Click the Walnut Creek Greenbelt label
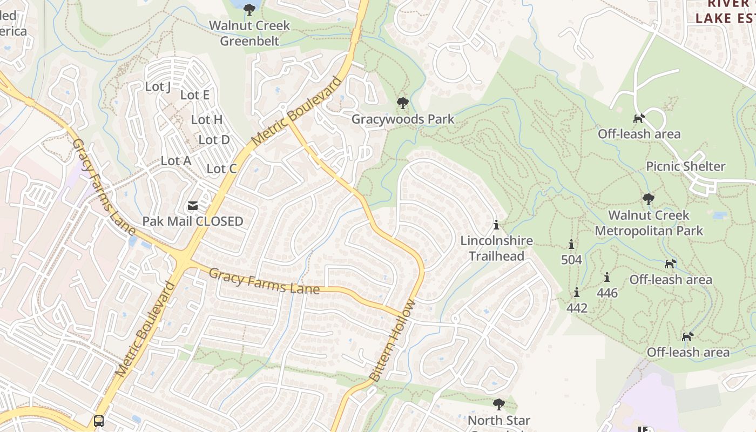(x=249, y=33)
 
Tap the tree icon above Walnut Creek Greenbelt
(x=249, y=9)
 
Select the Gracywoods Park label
(x=403, y=119)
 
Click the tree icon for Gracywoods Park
(x=402, y=103)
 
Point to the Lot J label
(x=158, y=86)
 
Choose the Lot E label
(x=194, y=95)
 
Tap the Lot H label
(x=207, y=119)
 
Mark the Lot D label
(x=214, y=140)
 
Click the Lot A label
(x=176, y=161)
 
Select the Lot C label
(x=221, y=169)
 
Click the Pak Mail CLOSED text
(x=193, y=221)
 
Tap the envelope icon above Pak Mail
(x=192, y=206)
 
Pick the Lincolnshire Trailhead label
(x=496, y=248)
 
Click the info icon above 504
(x=571, y=244)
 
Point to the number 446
(x=607, y=293)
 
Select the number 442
(x=577, y=308)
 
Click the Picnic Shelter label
(x=685, y=166)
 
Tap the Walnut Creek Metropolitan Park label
(x=649, y=223)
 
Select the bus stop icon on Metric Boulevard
(x=98, y=421)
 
